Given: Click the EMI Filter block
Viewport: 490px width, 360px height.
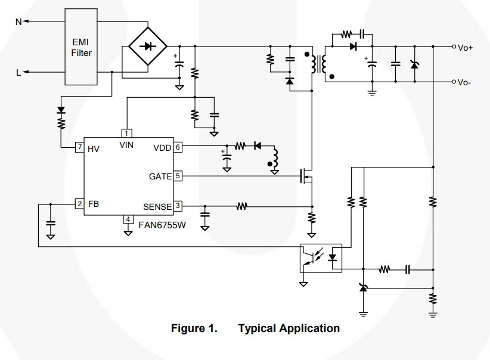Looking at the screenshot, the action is pyautogui.click(x=81, y=47).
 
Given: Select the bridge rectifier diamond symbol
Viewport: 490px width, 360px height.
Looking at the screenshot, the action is pyautogui.click(x=148, y=46).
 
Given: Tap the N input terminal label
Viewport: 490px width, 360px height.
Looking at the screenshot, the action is pyautogui.click(x=18, y=22).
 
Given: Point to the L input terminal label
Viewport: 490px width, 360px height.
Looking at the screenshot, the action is pyautogui.click(x=18, y=73).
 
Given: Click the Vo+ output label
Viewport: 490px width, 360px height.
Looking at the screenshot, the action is pyautogui.click(x=466, y=48).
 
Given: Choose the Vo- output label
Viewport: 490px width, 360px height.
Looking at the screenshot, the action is pyautogui.click(x=464, y=82).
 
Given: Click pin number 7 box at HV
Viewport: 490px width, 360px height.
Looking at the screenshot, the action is pyautogui.click(x=80, y=147).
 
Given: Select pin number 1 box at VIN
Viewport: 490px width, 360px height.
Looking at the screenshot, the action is pyautogui.click(x=126, y=134).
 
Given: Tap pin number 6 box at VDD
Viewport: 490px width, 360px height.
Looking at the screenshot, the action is pyautogui.click(x=178, y=147).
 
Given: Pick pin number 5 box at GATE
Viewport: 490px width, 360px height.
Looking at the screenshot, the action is pyautogui.click(x=178, y=176).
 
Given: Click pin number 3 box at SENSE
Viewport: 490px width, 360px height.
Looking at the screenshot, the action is pyautogui.click(x=178, y=206).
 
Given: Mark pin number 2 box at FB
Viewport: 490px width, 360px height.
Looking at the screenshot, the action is pyautogui.click(x=80, y=204).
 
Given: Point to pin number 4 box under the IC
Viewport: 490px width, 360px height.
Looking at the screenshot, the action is pyautogui.click(x=128, y=219).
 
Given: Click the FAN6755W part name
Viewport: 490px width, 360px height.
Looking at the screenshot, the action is pyautogui.click(x=162, y=225).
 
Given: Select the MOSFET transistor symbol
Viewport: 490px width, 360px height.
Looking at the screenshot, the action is pyautogui.click(x=306, y=176).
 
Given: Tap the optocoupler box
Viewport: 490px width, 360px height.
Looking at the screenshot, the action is pyautogui.click(x=321, y=258).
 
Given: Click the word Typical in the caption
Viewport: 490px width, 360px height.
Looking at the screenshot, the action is pyautogui.click(x=257, y=329).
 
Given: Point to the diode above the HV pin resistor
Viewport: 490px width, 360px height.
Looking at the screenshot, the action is pyautogui.click(x=61, y=110).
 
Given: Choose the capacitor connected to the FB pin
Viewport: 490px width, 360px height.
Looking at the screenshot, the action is pyautogui.click(x=51, y=223).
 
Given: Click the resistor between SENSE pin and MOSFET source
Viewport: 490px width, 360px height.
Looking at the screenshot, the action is pyautogui.click(x=241, y=206).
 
